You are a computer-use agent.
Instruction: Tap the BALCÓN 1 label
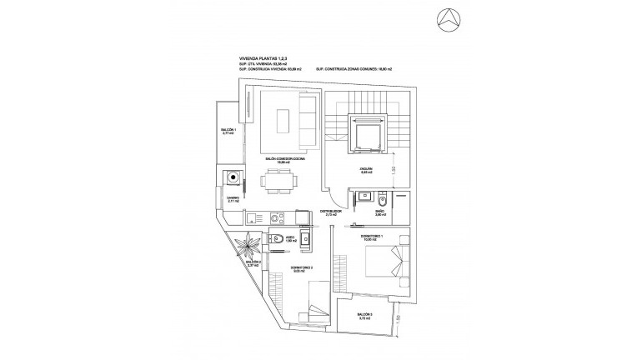click(x=228, y=132)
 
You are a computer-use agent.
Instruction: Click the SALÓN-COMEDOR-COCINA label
click(x=284, y=158)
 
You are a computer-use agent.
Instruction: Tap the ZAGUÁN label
click(x=365, y=171)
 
